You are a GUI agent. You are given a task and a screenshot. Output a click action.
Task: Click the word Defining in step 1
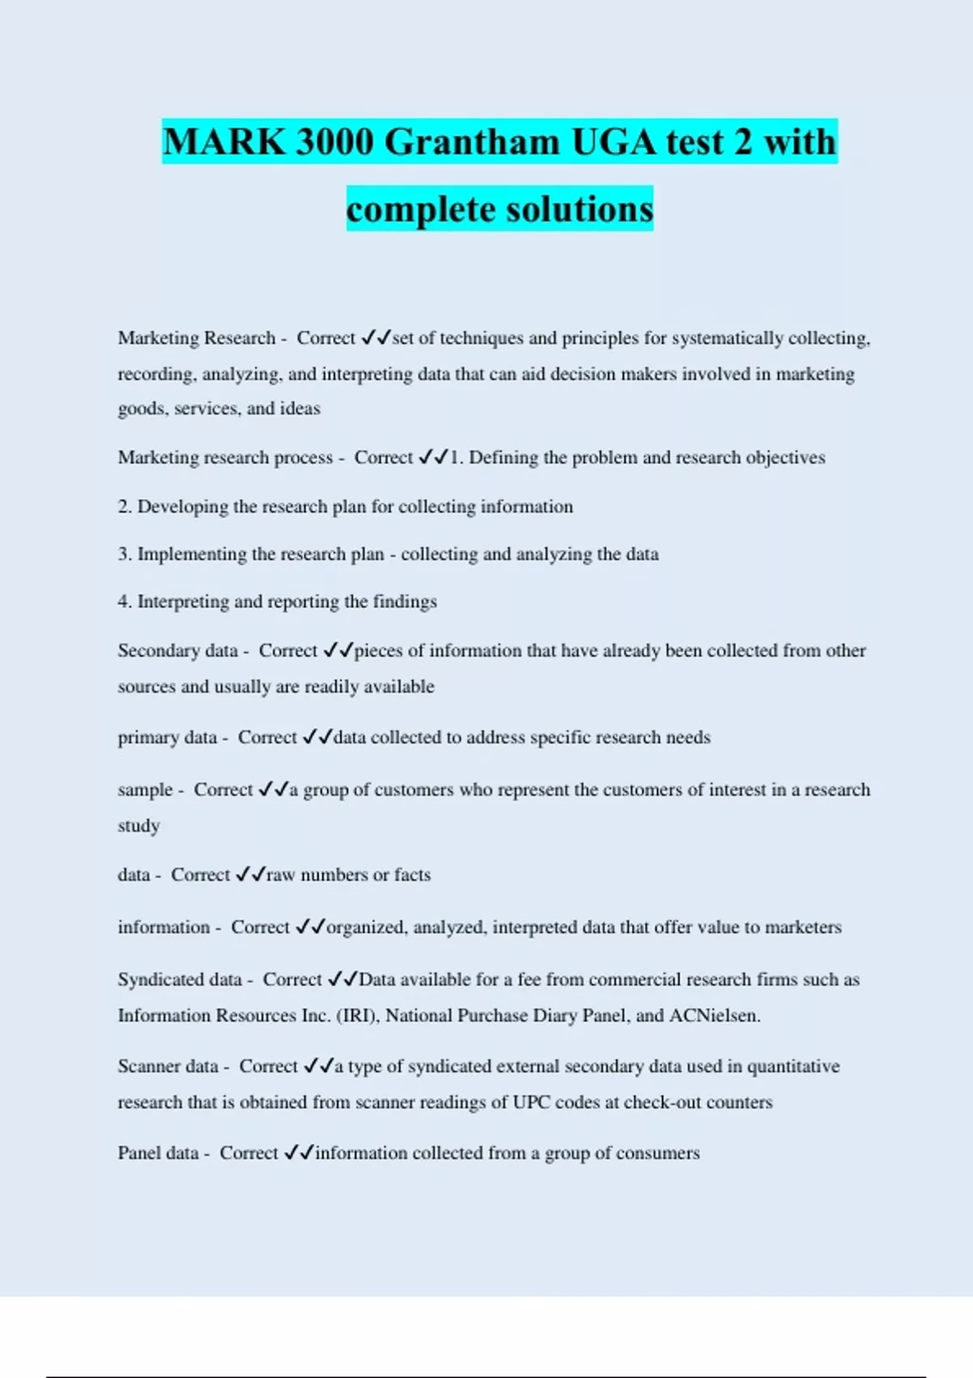504,458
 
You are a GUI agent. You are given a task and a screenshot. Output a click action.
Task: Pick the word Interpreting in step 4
183,601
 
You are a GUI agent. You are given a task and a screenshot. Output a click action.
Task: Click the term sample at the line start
145,790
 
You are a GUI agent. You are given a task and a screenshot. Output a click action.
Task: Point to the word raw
281,875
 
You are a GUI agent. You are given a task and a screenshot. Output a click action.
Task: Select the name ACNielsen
714,1016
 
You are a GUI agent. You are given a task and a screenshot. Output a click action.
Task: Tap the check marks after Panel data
298,1153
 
